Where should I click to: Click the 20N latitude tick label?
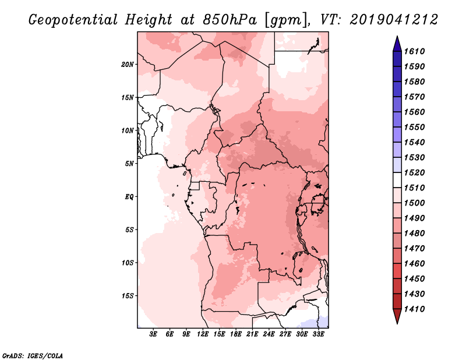coord(128,65)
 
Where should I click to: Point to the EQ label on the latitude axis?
coord(129,197)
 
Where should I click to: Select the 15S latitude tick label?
coord(128,296)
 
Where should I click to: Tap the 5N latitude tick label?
coord(129,164)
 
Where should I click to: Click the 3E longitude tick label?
coord(153,334)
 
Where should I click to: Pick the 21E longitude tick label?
coord(252,334)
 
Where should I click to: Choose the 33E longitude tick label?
coord(318,334)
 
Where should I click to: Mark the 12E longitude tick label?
coord(202,334)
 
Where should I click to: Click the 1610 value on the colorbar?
coord(414,51)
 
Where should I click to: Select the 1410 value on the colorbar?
coord(414,309)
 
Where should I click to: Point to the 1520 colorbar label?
coord(414,172)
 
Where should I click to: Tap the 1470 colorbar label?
coord(414,249)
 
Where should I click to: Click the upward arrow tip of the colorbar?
coord(397,36)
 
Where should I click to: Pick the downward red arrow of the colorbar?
coord(397,316)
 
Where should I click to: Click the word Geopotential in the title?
coord(73,20)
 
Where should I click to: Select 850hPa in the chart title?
coord(230,20)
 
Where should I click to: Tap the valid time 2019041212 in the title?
coord(394,20)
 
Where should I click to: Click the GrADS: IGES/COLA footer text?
coord(33,356)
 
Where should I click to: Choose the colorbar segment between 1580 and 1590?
coord(397,74)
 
